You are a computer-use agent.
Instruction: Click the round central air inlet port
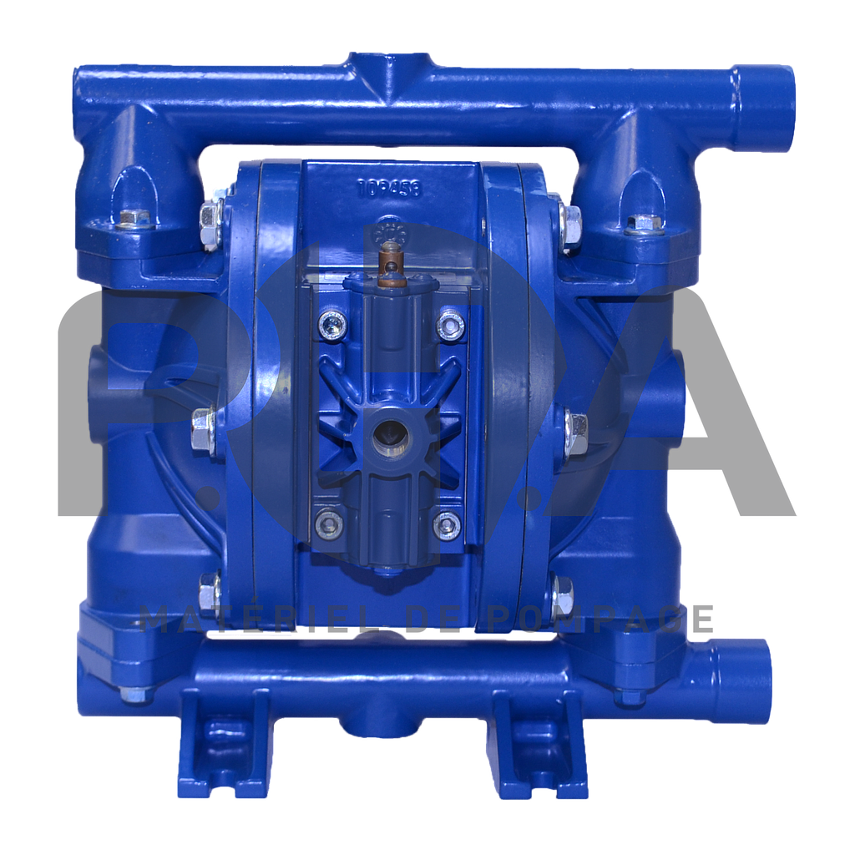tap(387, 432)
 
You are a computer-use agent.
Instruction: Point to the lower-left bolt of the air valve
tap(327, 524)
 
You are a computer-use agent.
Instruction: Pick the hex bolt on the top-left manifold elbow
tap(132, 218)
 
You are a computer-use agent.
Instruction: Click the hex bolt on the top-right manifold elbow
tap(643, 222)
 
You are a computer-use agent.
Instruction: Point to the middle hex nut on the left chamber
tap(204, 430)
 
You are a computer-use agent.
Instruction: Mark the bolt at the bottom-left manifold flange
tap(134, 693)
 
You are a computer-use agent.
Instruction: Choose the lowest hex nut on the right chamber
tap(560, 594)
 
